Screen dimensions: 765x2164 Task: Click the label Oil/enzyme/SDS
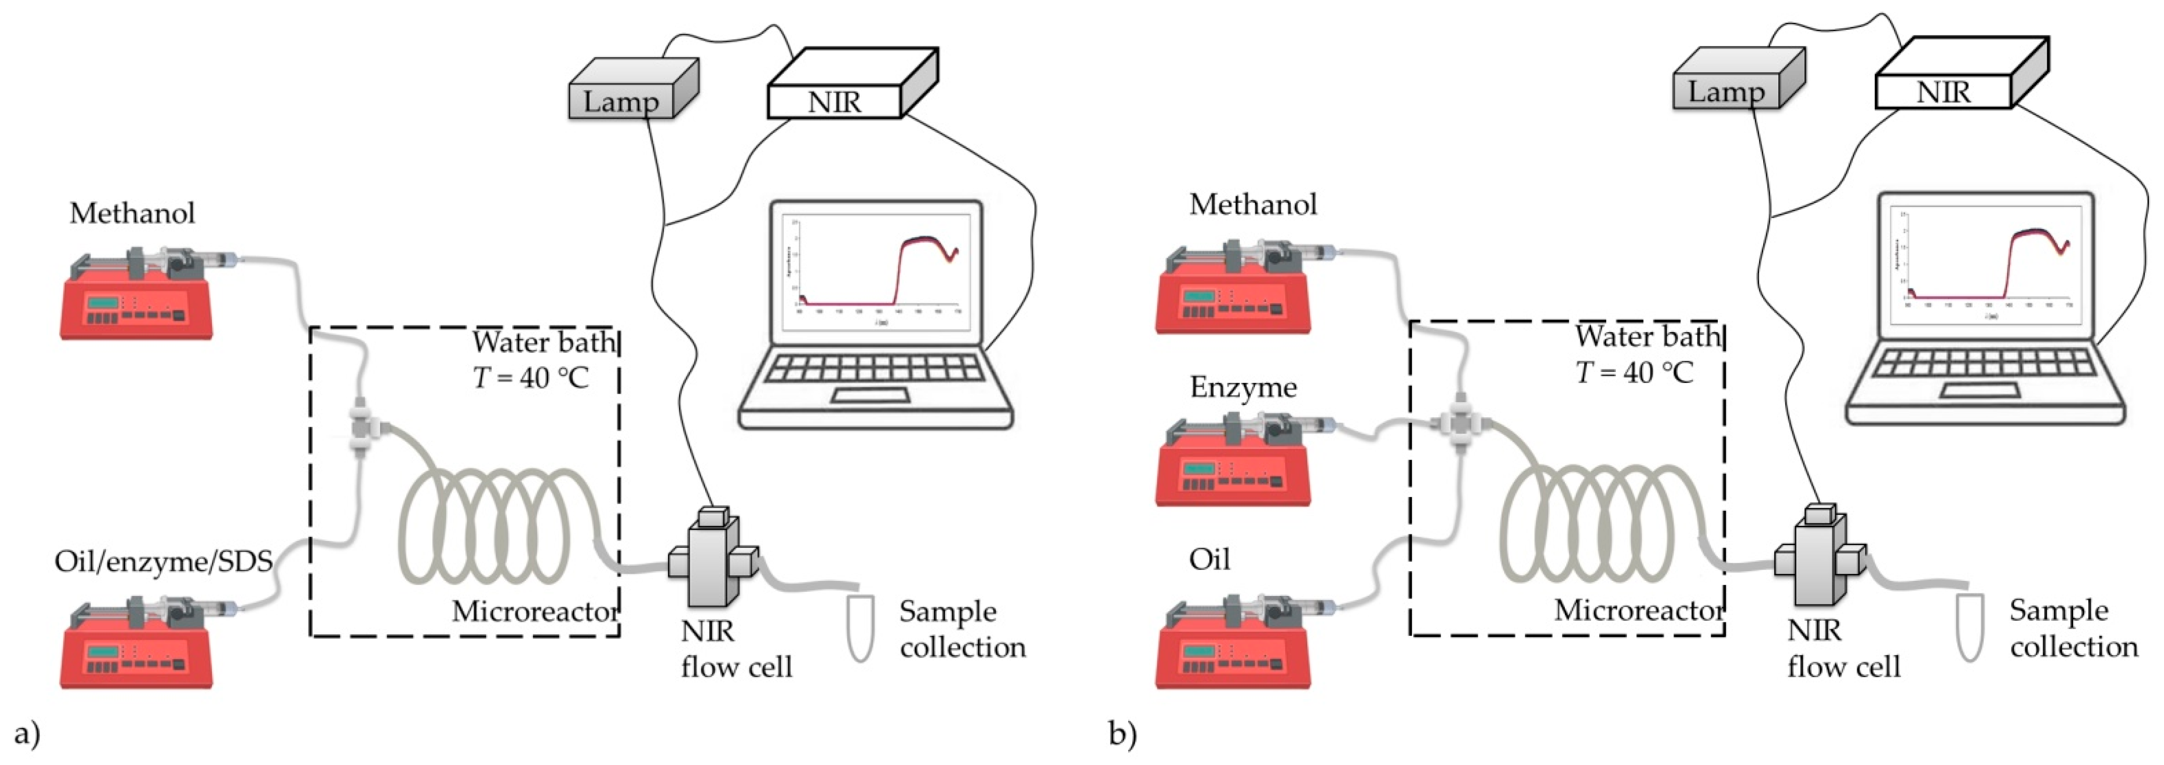click(164, 561)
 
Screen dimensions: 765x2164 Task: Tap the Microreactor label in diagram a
click(535, 611)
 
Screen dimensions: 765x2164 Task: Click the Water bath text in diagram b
click(1647, 337)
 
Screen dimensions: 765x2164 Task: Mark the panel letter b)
click(1122, 734)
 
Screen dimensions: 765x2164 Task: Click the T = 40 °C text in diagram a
click(531, 378)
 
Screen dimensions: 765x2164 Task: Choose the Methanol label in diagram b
click(1252, 204)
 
